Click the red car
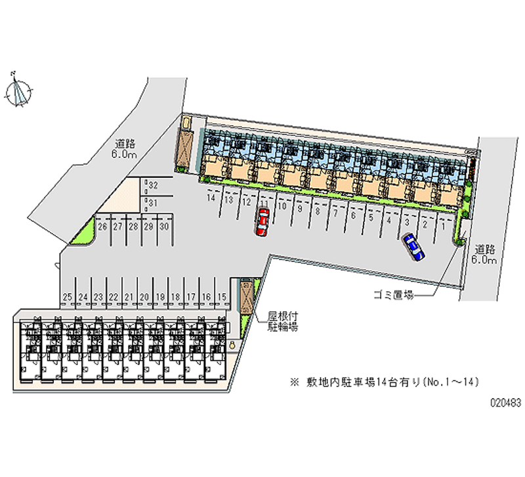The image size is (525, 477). point(262,222)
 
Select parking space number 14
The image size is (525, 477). point(211,198)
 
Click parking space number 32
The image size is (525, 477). point(152,186)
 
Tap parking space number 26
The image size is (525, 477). point(102,227)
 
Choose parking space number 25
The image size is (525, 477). point(67,297)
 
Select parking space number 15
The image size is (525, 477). point(222,297)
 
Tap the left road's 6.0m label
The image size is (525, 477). point(123,155)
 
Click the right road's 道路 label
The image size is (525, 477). point(486,249)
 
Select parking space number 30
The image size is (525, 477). point(165,227)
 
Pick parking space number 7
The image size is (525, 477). point(335,213)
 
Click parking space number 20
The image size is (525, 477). point(144,297)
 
